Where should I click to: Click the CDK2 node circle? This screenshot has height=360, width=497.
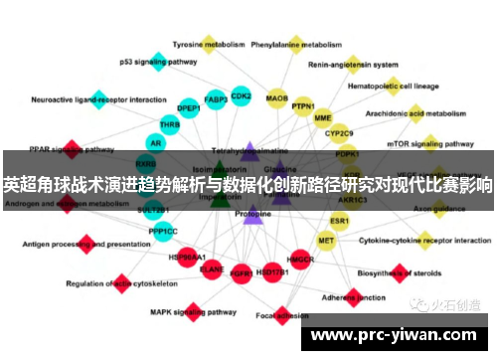(241, 96)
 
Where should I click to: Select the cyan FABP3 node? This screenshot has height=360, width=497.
(216, 99)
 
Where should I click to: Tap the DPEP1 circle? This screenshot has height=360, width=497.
(188, 107)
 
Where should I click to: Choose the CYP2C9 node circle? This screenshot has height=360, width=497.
(339, 133)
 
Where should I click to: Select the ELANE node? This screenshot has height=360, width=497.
(212, 268)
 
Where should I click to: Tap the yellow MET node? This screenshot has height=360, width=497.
(326, 241)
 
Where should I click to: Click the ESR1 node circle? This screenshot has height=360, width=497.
(340, 220)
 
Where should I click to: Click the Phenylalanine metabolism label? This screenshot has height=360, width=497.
(297, 45)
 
